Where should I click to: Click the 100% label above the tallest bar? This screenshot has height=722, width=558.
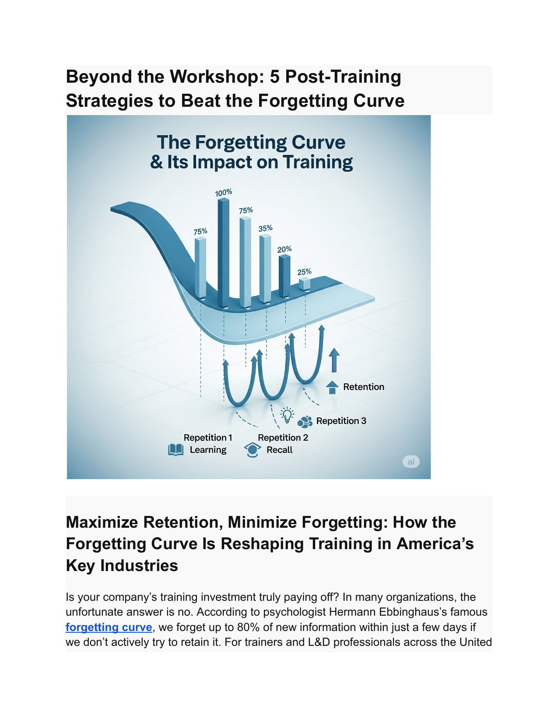[223, 193]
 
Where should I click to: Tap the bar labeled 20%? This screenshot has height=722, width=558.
[284, 276]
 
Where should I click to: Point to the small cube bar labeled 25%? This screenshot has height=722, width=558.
[305, 284]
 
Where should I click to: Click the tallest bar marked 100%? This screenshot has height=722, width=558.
[224, 252]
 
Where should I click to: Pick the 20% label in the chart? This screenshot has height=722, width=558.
[284, 249]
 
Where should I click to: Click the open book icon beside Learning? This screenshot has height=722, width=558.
[176, 450]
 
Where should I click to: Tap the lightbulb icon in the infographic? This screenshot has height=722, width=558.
[287, 415]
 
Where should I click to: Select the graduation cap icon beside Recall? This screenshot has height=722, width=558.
[253, 450]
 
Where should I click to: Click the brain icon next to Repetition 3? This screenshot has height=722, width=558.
[305, 421]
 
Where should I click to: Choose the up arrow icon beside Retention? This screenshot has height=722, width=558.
[332, 387]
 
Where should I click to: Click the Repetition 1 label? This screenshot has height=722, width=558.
[208, 438]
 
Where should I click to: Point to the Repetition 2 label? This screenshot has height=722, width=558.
[283, 438]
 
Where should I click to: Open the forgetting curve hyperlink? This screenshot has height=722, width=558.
[109, 627]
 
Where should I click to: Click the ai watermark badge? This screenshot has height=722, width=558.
[411, 462]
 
